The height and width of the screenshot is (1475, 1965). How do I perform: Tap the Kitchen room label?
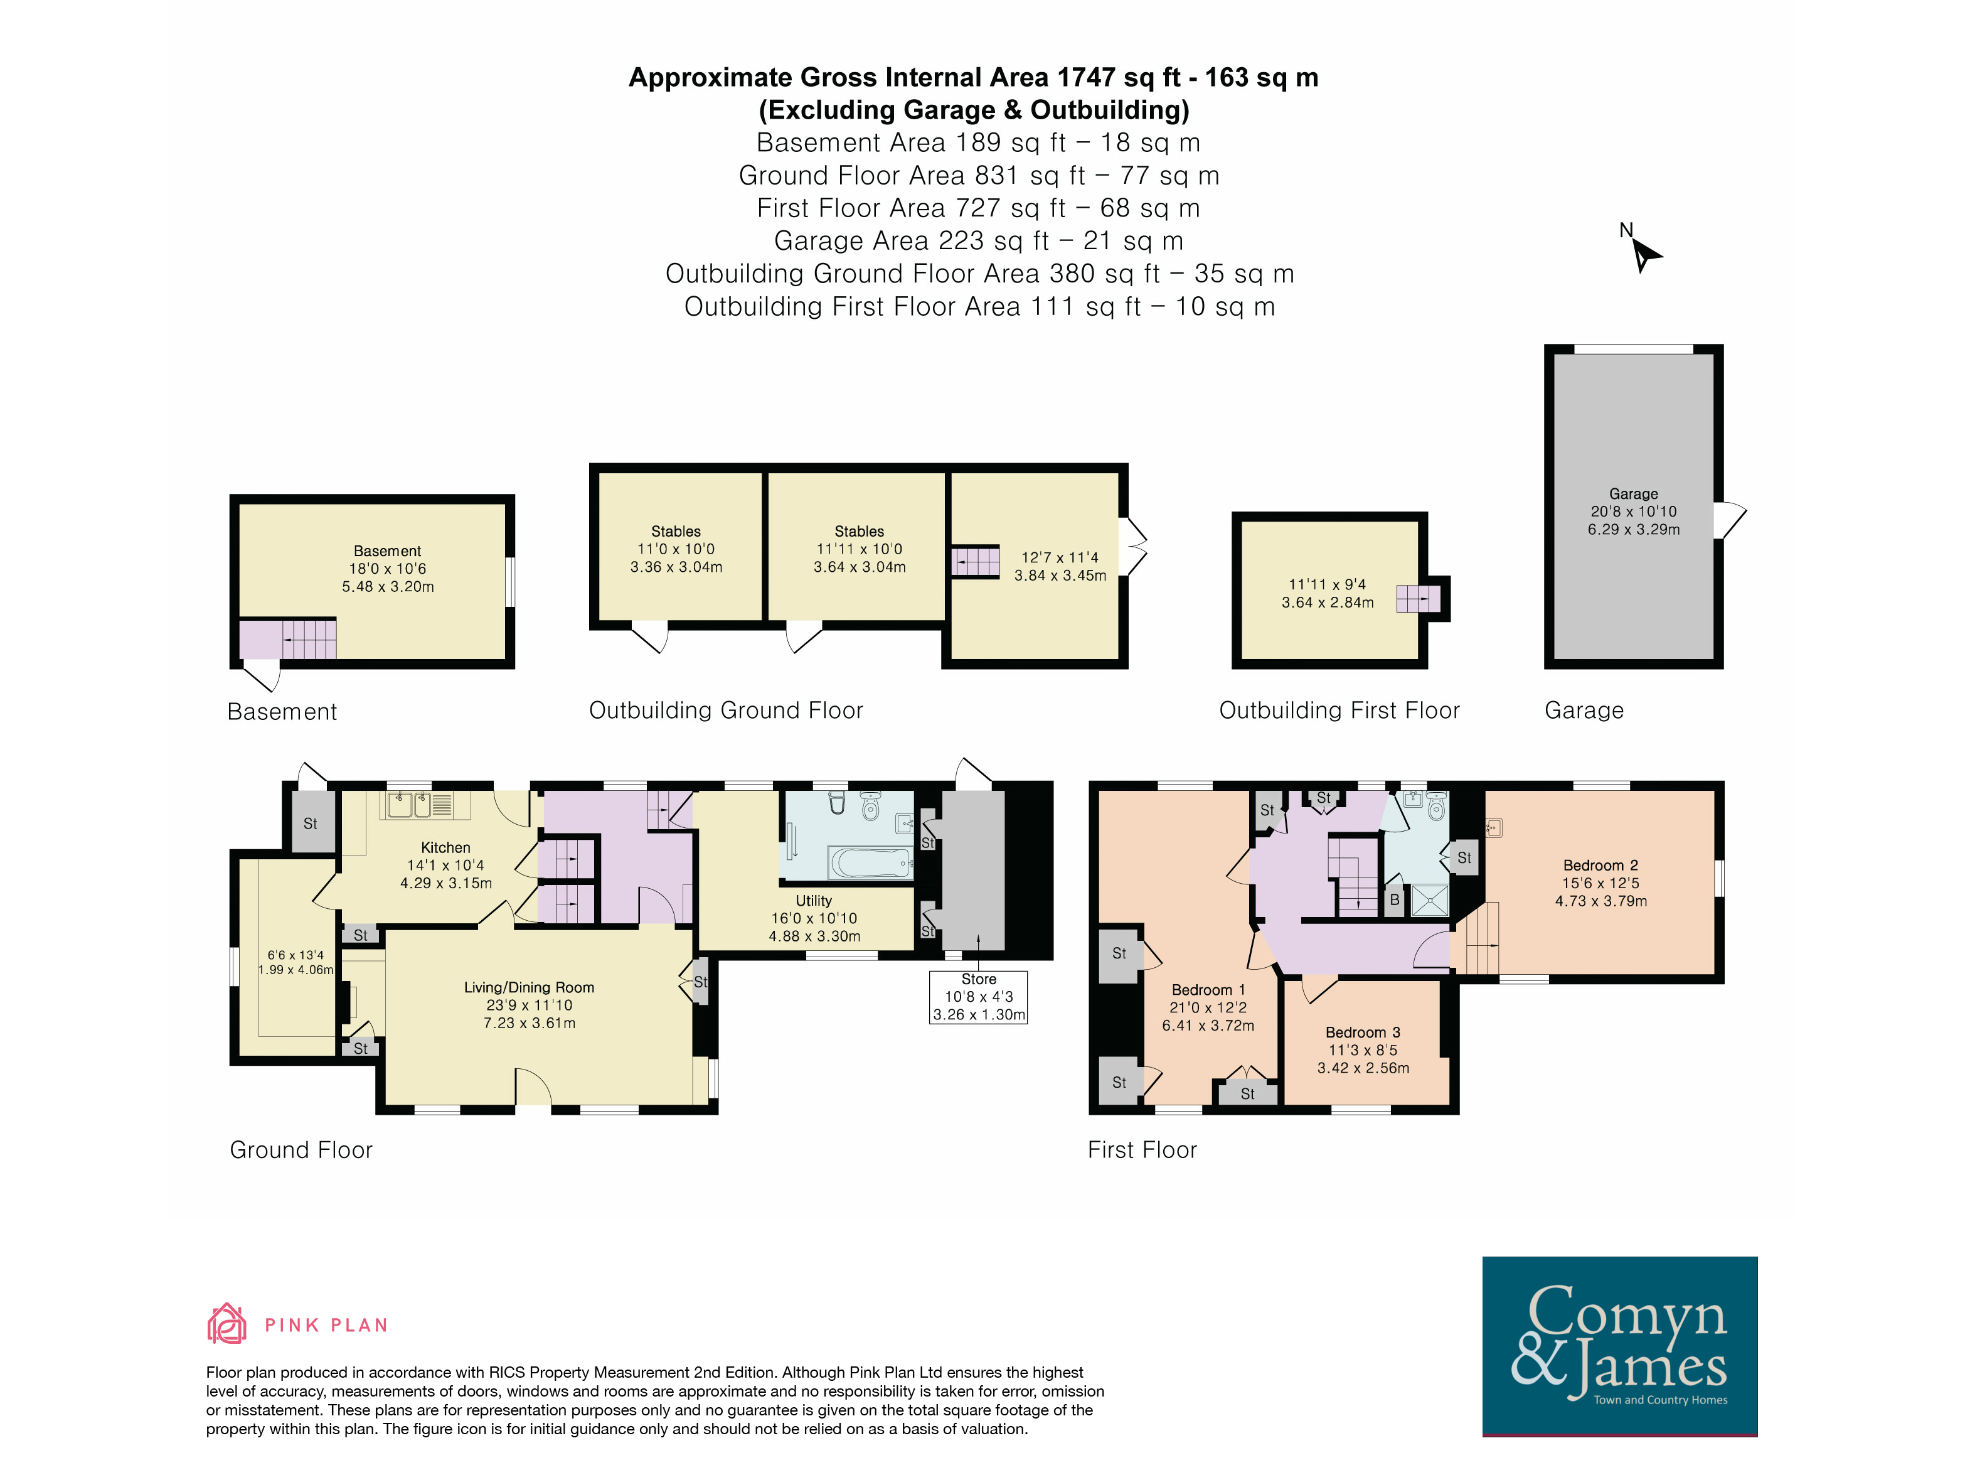[445, 848]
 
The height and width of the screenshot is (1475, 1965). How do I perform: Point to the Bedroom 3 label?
[1363, 1032]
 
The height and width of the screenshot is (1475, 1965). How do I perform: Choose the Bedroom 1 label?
[1208, 990]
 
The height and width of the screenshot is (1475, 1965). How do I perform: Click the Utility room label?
[814, 901]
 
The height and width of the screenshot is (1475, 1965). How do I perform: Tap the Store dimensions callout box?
[978, 997]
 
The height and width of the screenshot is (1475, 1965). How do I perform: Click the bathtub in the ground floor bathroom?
[871, 862]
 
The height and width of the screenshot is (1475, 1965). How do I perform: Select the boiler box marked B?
[1394, 900]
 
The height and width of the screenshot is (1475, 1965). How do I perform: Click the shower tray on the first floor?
[1429, 900]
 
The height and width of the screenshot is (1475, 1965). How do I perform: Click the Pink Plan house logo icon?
[226, 1323]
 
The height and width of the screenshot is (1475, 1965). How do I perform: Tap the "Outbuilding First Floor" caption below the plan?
[1339, 710]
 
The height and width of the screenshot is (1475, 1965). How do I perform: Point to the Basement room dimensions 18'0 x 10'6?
[387, 569]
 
